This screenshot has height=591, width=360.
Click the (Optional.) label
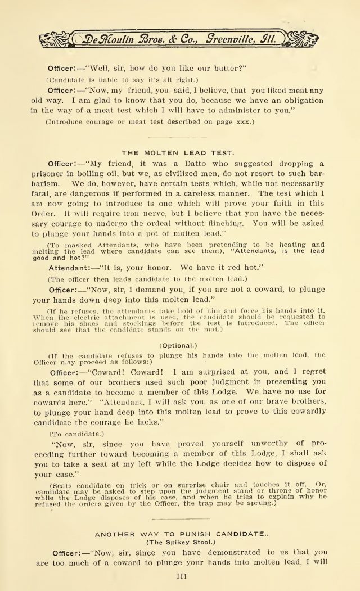(x=179, y=344)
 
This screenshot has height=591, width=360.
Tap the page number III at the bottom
(x=180, y=575)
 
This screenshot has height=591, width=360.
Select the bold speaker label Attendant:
(x=73, y=268)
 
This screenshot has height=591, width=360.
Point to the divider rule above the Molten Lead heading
(x=180, y=137)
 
